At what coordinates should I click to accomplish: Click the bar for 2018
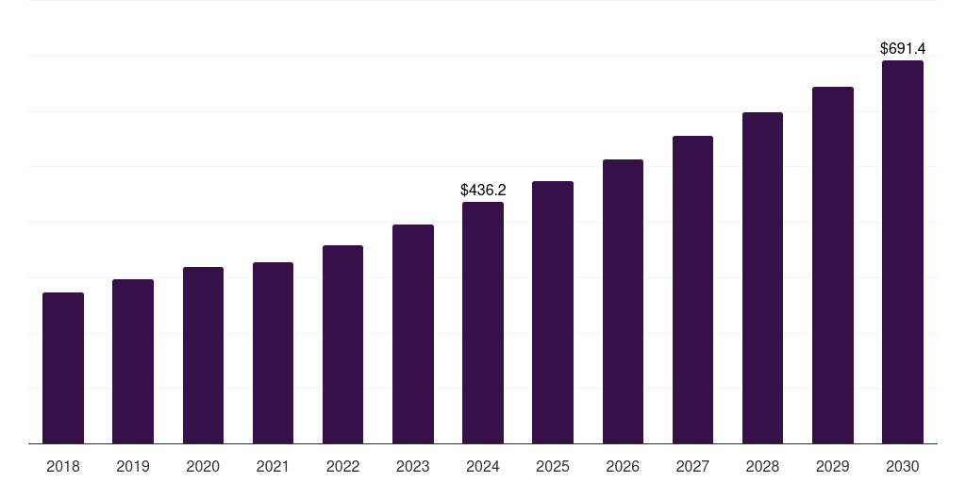pyautogui.click(x=63, y=368)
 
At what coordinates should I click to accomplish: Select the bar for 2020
pyautogui.click(x=203, y=356)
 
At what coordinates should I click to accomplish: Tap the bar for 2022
pyautogui.click(x=342, y=344)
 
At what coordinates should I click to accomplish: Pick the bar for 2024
pyautogui.click(x=483, y=323)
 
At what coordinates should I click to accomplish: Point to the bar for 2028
pyautogui.click(x=762, y=278)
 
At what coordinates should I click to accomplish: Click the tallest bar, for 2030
pyautogui.click(x=903, y=252)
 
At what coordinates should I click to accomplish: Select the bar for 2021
pyautogui.click(x=273, y=353)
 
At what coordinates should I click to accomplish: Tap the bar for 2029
pyautogui.click(x=833, y=265)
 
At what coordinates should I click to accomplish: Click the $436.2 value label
pyautogui.click(x=483, y=190)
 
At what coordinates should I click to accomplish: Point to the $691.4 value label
pyautogui.click(x=903, y=48)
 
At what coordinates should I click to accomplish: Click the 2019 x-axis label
pyautogui.click(x=133, y=466)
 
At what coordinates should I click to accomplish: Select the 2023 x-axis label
pyautogui.click(x=413, y=466)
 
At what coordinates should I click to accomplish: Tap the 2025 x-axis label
pyautogui.click(x=553, y=466)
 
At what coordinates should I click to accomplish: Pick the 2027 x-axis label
pyautogui.click(x=692, y=466)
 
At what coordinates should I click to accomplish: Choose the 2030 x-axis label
pyautogui.click(x=903, y=466)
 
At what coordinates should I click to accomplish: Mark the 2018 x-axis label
pyautogui.click(x=63, y=466)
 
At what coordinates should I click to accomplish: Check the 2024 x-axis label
pyautogui.click(x=483, y=466)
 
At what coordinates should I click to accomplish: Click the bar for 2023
pyautogui.click(x=413, y=334)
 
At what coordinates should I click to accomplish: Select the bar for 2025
pyautogui.click(x=553, y=312)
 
